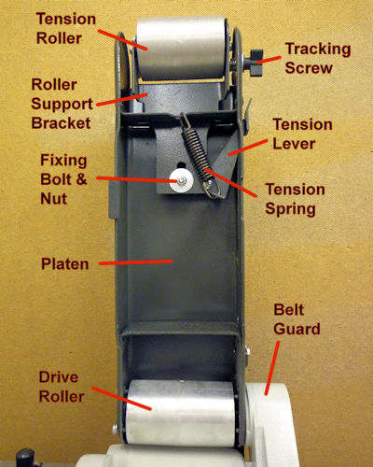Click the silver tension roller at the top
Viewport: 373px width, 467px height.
click(181, 48)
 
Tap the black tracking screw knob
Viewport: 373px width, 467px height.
click(256, 63)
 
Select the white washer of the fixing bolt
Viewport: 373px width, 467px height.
click(182, 180)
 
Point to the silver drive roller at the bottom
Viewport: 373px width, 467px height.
click(180, 412)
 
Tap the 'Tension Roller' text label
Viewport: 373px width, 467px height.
click(66, 29)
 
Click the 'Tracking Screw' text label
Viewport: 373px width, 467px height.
click(318, 59)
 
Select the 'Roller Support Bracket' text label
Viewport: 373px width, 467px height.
click(62, 104)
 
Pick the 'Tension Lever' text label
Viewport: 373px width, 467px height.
click(302, 134)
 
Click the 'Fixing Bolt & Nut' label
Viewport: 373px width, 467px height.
click(63, 179)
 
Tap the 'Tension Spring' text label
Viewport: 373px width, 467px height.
click(295, 199)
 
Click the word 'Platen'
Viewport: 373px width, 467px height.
click(65, 264)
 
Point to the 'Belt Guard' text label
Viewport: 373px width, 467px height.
click(297, 319)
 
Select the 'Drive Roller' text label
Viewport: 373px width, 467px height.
click(62, 387)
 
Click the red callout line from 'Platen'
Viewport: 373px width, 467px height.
click(136, 262)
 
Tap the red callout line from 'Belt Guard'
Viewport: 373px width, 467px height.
click(271, 368)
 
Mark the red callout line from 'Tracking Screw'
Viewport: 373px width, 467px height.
click(269, 59)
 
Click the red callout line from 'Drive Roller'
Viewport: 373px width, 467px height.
click(121, 399)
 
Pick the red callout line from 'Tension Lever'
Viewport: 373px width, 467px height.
click(248, 148)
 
